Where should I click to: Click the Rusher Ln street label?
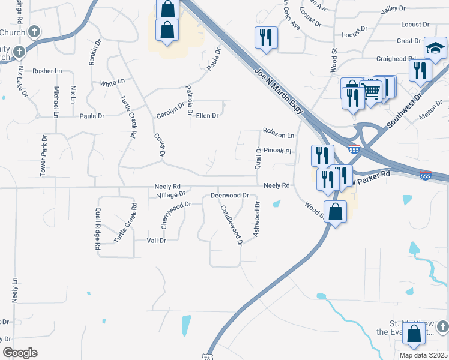tap(47, 71)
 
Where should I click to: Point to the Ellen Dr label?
tap(207, 115)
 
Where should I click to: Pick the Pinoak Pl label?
tap(277, 152)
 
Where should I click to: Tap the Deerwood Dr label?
tap(229, 196)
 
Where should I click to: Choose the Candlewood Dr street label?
tap(231, 226)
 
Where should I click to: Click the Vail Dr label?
tap(156, 240)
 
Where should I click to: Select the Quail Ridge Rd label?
tap(97, 228)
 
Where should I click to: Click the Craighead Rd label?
tap(396, 58)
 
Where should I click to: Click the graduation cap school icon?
tap(435, 48)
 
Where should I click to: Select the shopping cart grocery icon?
tap(372, 91)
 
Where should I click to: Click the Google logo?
tap(19, 353)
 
